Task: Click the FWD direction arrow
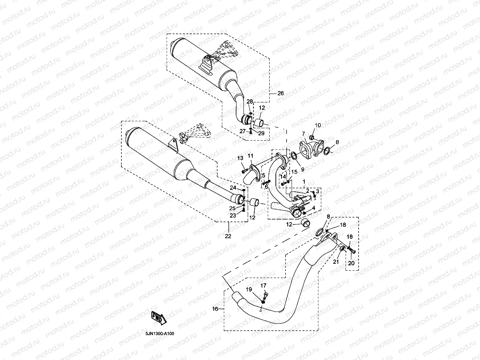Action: point(159,318)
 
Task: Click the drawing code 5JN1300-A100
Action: point(160,333)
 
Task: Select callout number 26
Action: point(280,93)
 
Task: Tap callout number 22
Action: point(228,236)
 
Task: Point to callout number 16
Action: point(215,309)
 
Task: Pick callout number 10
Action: point(318,125)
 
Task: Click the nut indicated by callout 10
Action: point(312,137)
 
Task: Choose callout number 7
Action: point(304,134)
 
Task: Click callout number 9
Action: point(302,169)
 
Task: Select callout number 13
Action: point(240,158)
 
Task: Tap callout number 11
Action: point(250,156)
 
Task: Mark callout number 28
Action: point(250,101)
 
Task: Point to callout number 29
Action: point(261,133)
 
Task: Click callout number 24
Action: point(233,188)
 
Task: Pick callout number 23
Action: point(233,216)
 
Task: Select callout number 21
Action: point(336,262)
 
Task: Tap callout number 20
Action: point(351,263)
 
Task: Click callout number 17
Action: point(263,285)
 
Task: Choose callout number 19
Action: point(249,290)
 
